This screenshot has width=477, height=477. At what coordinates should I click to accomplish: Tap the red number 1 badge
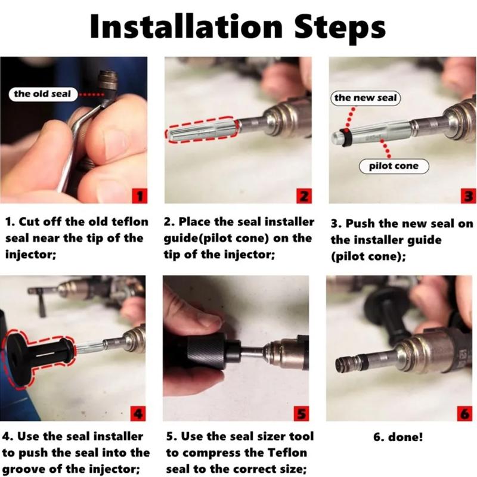pos(140,196)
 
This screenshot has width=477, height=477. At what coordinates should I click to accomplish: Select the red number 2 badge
pos(304,196)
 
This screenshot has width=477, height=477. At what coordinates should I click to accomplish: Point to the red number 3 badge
pos(469,196)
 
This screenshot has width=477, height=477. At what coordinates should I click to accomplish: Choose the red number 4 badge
pos(138,414)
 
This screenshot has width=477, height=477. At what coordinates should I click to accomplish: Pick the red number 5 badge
pos(301,414)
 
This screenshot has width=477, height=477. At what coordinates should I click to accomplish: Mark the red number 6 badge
pos(465,414)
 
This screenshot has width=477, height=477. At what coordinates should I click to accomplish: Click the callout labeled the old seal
pos(42,94)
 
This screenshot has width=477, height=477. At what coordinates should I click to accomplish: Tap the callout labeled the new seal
pos(366,98)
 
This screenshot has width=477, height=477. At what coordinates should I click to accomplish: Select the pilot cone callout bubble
pos(394,166)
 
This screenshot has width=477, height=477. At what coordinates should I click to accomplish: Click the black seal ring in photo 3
pos(346,138)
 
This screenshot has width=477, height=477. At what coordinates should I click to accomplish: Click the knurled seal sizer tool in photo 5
pos(207,351)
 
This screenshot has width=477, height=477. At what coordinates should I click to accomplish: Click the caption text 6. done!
pos(398,437)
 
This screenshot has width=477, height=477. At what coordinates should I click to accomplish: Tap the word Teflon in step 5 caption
pos(287,453)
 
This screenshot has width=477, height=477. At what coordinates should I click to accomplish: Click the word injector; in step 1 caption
pos(31,255)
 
